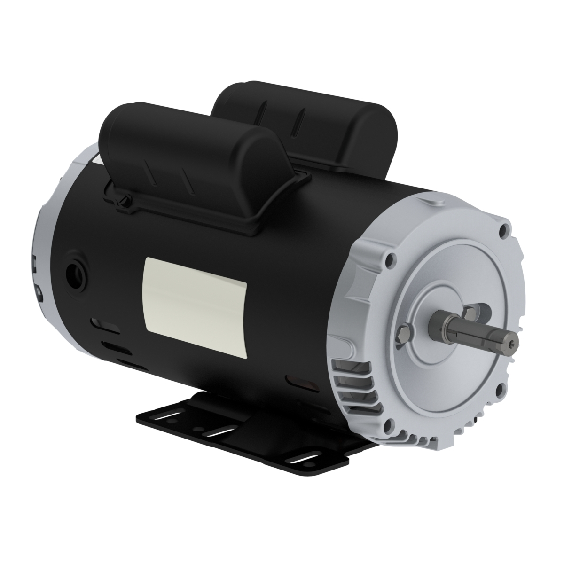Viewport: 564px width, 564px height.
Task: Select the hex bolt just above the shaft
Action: [x=470, y=312]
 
